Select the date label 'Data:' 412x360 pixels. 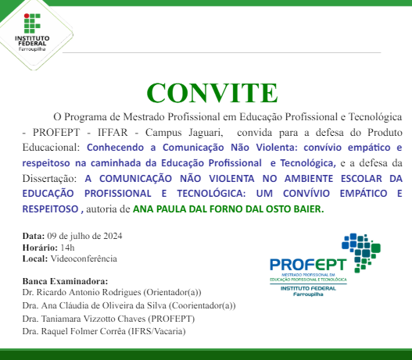(x=34, y=236)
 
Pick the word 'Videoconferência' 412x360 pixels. (x=84, y=258)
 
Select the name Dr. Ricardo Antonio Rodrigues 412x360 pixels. (x=87, y=292)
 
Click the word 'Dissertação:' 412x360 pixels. (x=48, y=178)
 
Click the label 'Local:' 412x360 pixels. (x=35, y=258)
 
